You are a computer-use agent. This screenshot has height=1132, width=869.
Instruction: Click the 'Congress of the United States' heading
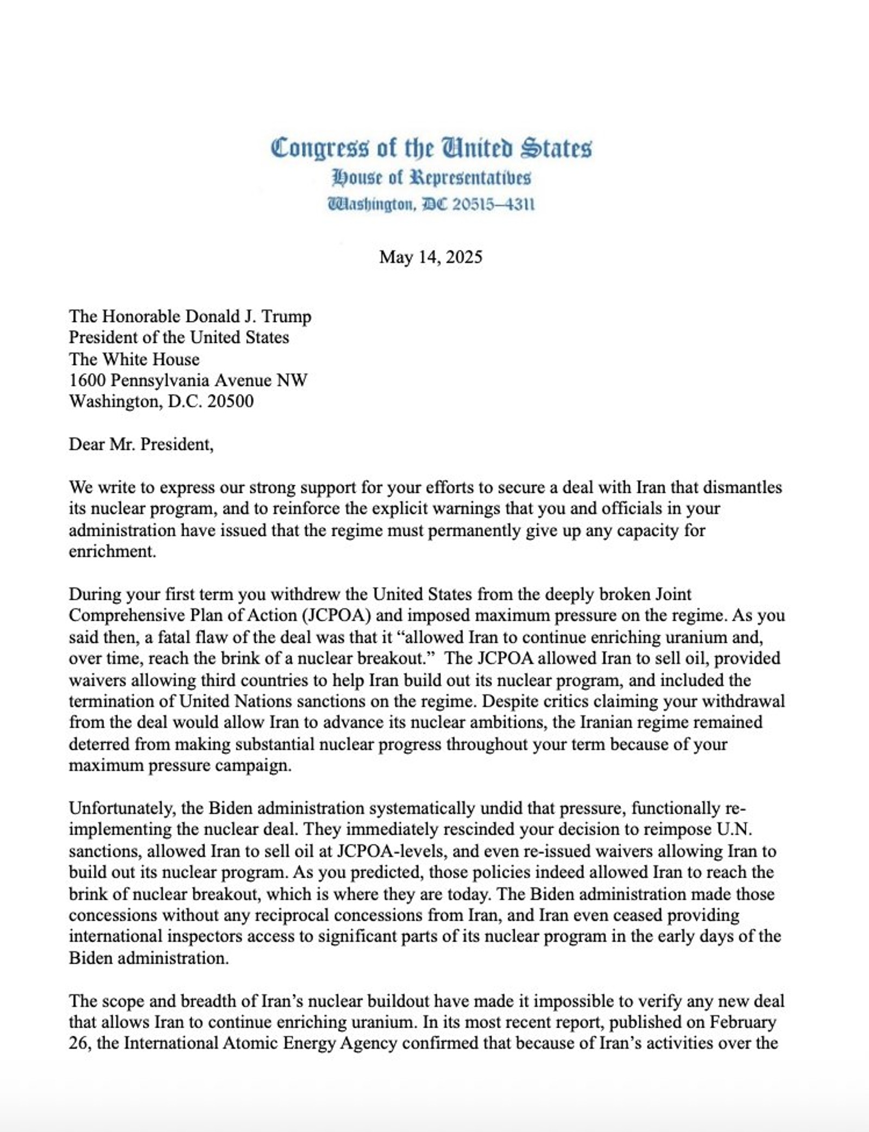point(431,148)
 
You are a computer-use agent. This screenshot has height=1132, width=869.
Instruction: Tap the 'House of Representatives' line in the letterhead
point(431,178)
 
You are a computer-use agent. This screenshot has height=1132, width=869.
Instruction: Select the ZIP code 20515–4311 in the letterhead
point(493,204)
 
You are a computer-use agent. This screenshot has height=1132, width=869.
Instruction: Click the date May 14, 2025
point(431,257)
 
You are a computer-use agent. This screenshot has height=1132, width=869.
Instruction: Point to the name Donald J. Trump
point(249,316)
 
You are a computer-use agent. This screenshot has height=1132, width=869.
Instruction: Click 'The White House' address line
point(134,359)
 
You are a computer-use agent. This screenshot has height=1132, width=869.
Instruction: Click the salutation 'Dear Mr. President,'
point(141,444)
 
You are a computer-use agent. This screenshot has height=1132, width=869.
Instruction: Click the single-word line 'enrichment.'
point(112,551)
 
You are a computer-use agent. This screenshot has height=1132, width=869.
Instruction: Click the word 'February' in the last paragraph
point(743,1022)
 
